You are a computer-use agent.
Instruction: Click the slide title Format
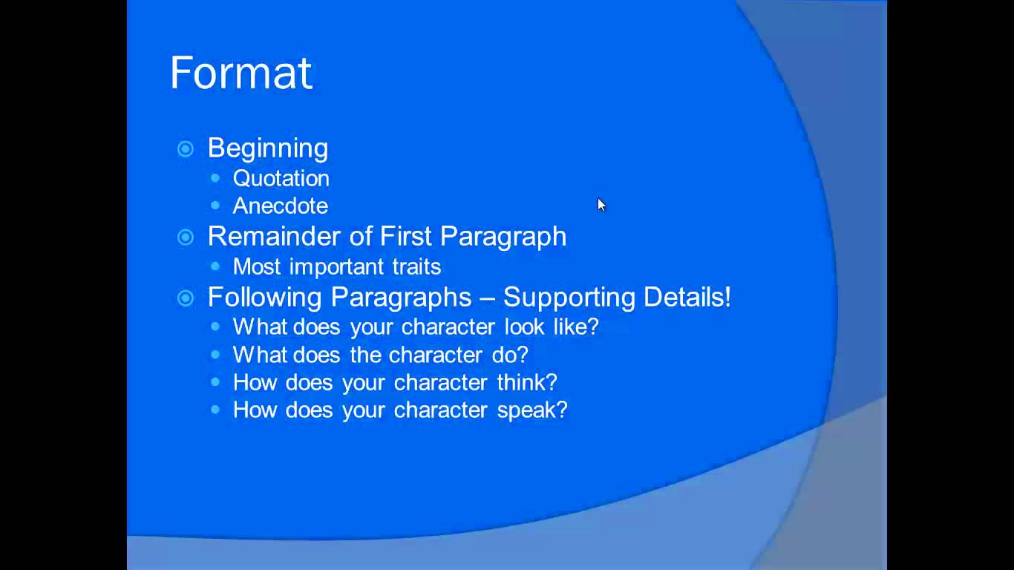click(241, 73)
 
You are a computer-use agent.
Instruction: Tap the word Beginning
click(268, 148)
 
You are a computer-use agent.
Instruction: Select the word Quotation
click(281, 178)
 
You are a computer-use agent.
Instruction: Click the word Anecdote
click(280, 206)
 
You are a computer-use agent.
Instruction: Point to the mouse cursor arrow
click(601, 205)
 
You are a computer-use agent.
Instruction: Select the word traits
click(416, 266)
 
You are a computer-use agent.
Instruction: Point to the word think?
click(527, 382)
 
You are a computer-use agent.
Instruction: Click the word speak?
click(532, 410)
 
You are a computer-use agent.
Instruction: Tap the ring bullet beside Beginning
click(186, 149)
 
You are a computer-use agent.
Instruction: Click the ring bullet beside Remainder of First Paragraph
click(186, 237)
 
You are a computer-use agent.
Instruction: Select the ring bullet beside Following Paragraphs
click(186, 298)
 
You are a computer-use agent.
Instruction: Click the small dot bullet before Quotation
click(215, 178)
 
